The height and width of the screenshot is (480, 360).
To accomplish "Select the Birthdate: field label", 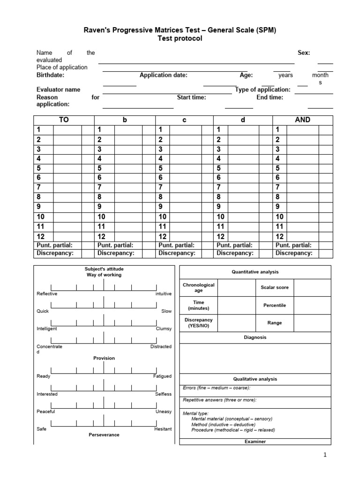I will tap(51, 75).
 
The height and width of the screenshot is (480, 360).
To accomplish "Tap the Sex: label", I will tap(304, 53).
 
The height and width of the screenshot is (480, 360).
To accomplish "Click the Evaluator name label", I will tap(58, 90).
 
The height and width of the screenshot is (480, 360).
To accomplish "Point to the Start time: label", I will tap(191, 97).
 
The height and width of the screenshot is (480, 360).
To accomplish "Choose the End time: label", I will tap(270, 97).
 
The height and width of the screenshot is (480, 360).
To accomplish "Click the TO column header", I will tap(64, 120).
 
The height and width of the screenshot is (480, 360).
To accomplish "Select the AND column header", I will tap(302, 120).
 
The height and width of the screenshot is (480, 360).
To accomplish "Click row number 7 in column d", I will tap(218, 187).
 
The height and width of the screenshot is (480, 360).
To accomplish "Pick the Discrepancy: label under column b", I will tap(116, 253).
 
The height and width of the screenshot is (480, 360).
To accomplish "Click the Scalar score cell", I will tap(275, 287).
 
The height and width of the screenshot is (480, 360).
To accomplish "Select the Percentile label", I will tap(275, 305).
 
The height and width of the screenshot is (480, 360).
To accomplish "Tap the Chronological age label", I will tap(198, 287).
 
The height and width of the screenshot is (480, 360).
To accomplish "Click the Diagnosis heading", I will tap(255, 337).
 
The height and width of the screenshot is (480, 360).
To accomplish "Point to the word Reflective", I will tap(47, 294).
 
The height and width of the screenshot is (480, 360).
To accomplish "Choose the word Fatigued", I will tap(162, 376).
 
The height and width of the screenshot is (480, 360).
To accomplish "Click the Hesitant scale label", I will tap(163, 429).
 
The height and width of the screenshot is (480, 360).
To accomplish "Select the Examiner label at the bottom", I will tap(255, 442).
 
